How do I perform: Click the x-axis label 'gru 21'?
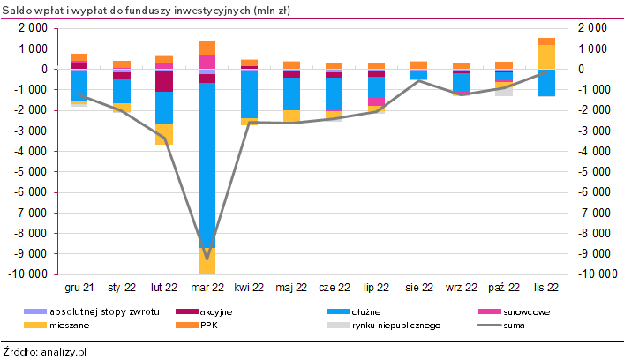79,288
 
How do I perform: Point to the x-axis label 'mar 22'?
207,288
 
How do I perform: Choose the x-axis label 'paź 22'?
504,288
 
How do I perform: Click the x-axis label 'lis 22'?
547,288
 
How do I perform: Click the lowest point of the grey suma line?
207,259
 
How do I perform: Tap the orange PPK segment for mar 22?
207,47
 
